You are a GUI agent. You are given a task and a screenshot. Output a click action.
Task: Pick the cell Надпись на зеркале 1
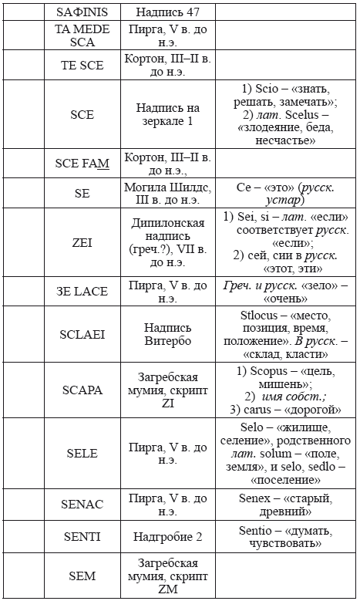167,114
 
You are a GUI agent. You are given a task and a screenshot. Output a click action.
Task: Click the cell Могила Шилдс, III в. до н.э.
167,194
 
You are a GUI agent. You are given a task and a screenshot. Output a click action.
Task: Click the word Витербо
167,340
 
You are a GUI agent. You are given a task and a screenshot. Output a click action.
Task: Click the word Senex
257,498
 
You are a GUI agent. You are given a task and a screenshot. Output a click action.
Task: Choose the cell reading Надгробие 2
167,536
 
